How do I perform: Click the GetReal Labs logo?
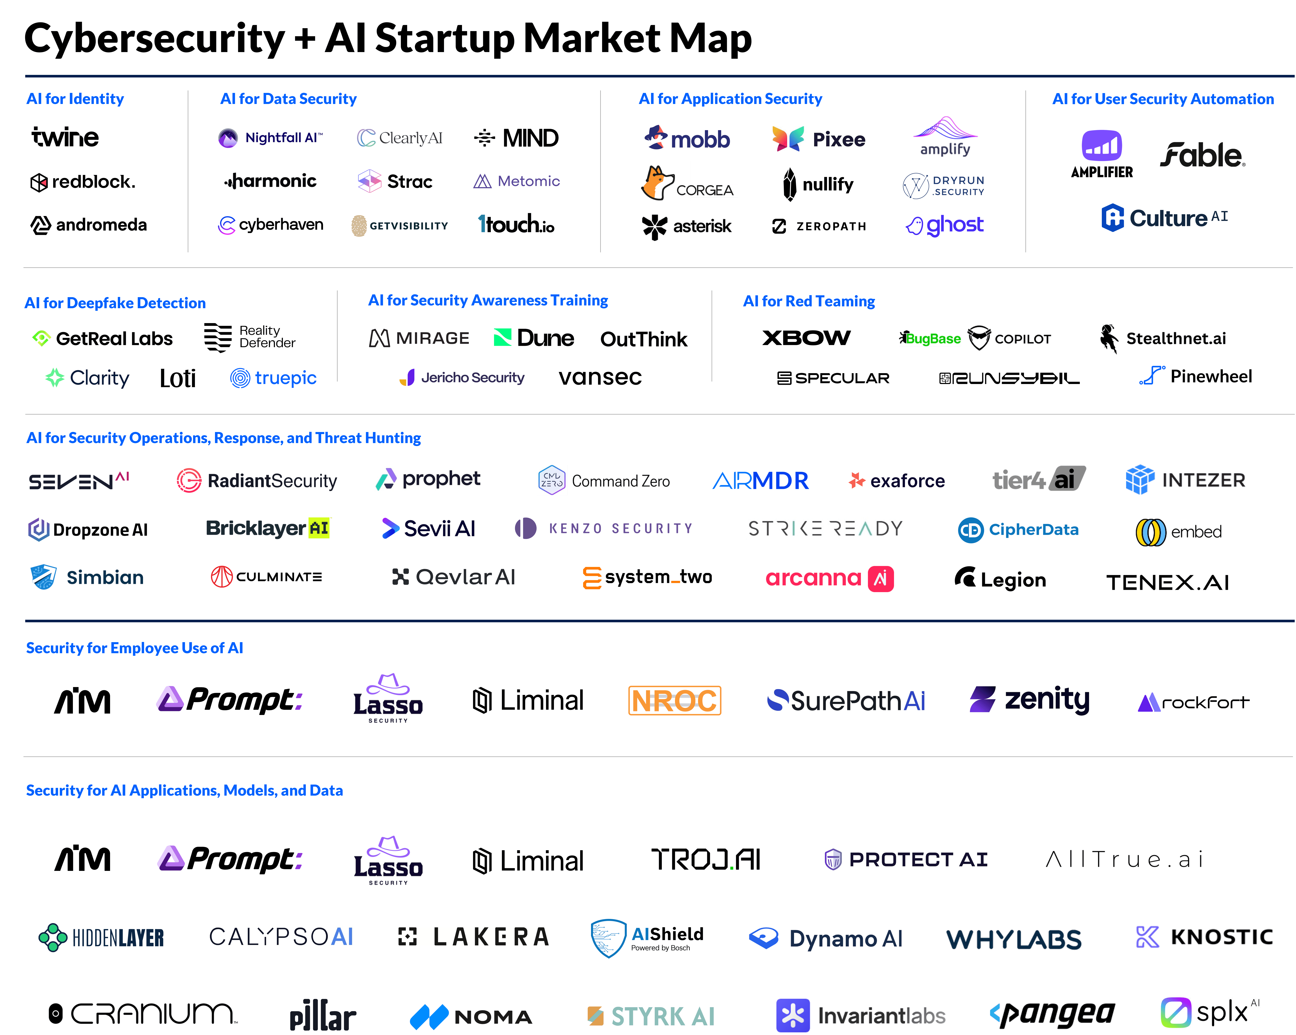pyautogui.click(x=101, y=338)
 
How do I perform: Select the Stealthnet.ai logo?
pyautogui.click(x=1163, y=338)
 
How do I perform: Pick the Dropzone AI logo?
pyautogui.click(x=88, y=529)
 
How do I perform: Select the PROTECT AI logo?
pyautogui.click(x=905, y=859)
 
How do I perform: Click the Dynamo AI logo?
pyautogui.click(x=825, y=938)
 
